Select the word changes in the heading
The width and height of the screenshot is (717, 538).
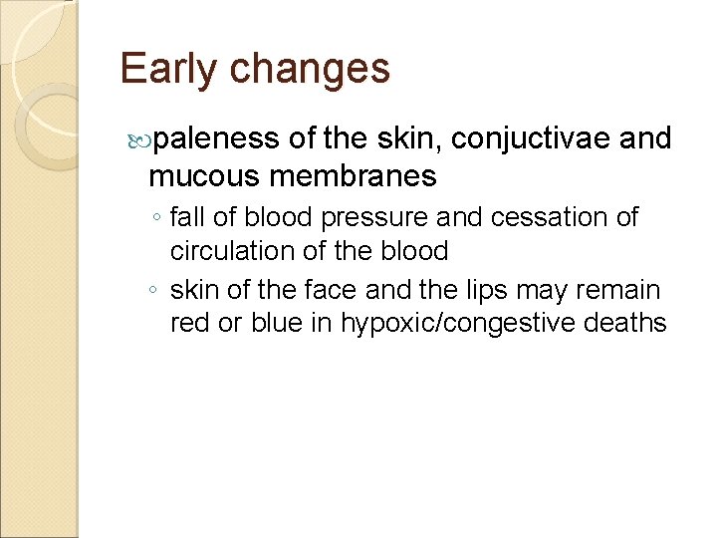(x=310, y=69)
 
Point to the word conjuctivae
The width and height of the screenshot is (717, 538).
(x=532, y=139)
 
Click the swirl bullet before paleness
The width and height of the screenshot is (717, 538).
(x=139, y=140)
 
